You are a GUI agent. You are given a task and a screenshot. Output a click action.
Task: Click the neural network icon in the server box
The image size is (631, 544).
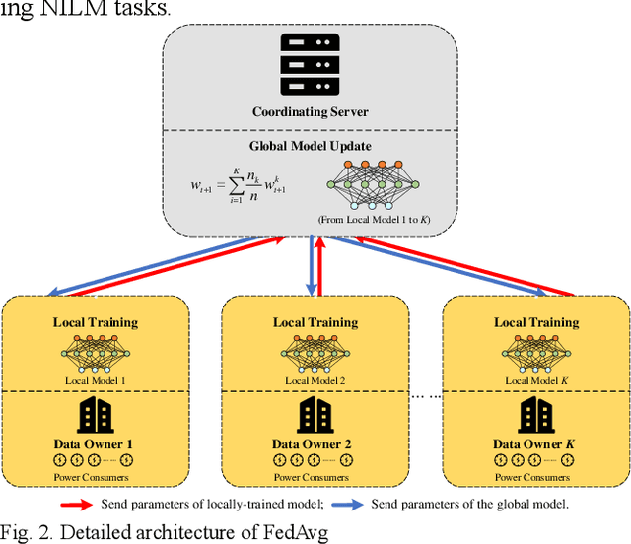point(370,183)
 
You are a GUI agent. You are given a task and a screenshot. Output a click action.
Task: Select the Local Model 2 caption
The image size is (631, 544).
point(314,380)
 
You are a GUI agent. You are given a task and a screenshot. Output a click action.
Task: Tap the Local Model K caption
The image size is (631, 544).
point(536,380)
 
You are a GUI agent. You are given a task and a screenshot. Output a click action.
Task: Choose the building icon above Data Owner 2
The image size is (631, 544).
point(314,416)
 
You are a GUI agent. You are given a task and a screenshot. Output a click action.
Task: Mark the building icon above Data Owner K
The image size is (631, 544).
point(536,416)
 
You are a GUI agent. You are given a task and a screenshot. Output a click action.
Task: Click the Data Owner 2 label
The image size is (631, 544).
point(314,443)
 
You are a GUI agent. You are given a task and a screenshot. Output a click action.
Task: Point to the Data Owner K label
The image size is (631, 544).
point(536,443)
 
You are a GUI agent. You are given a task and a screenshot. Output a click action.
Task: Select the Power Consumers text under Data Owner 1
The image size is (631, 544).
point(95,478)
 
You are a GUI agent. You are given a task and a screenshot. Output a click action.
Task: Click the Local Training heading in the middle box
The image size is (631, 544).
point(314,322)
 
